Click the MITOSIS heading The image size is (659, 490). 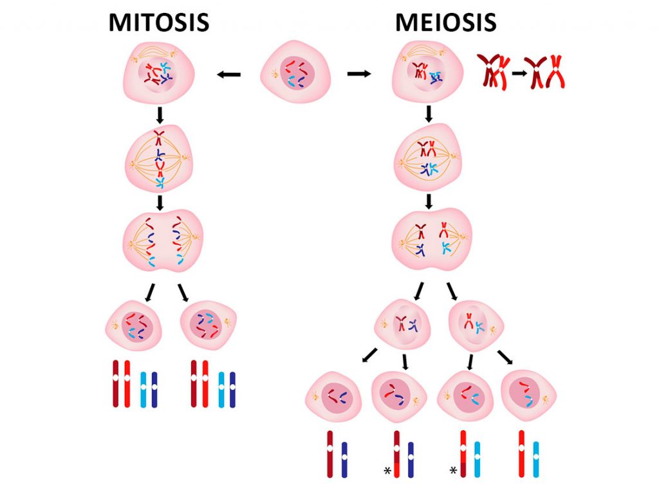[x=158, y=22]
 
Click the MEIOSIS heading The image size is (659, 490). [x=445, y=22]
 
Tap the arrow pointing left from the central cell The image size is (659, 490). [x=228, y=75]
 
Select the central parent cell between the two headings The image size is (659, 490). [x=295, y=73]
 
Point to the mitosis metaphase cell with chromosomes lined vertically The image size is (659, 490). [x=159, y=159]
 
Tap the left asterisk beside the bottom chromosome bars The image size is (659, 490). [x=387, y=472]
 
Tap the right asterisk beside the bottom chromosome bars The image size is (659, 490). [x=453, y=472]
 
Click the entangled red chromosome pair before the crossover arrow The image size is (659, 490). [x=492, y=71]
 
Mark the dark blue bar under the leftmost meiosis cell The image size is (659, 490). [x=344, y=459]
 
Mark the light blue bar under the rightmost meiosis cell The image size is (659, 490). [x=535, y=459]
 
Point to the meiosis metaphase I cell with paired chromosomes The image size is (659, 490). [x=427, y=159]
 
